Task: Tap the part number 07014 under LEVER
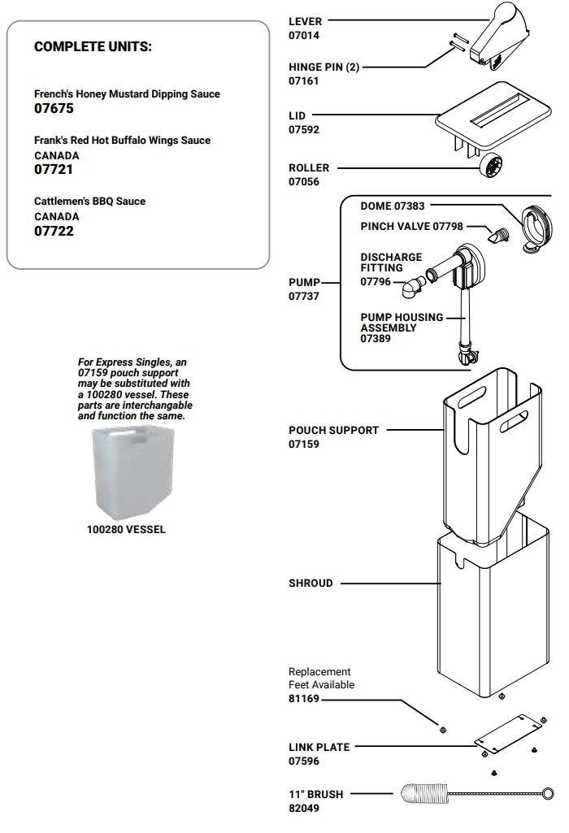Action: coord(304,36)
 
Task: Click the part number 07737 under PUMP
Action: coord(304,297)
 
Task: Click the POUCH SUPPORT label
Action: coord(333,430)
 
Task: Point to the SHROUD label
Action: coord(311,583)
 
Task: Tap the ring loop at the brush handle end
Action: coord(549,792)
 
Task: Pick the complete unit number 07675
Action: coord(54,108)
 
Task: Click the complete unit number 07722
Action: coord(54,232)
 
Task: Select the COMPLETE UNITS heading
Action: coord(93,46)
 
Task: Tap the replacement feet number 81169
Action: coord(304,698)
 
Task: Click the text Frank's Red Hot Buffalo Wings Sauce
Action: coord(122,141)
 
